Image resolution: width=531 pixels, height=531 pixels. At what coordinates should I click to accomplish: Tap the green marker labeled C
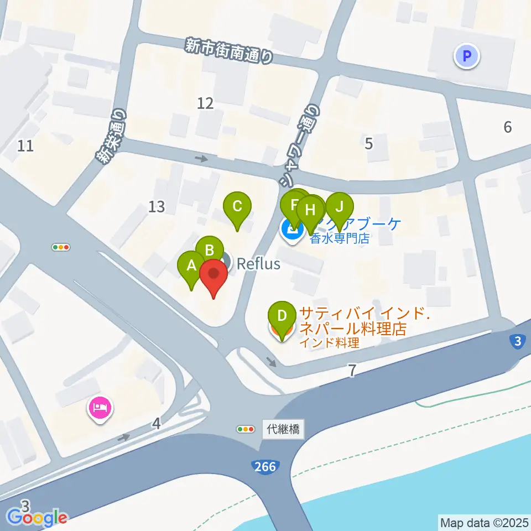(237, 206)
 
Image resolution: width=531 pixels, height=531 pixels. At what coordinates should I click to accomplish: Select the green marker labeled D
(282, 316)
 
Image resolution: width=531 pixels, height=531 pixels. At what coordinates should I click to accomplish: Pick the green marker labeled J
(340, 207)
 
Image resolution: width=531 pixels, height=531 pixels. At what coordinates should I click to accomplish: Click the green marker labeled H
(310, 211)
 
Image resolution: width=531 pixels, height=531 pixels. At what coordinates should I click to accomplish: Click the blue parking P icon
(467, 56)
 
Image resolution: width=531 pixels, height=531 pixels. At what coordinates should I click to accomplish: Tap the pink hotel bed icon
(100, 409)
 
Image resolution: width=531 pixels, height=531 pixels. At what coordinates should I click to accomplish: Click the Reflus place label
(258, 264)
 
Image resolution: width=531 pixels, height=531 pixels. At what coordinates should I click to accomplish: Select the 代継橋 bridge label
(283, 429)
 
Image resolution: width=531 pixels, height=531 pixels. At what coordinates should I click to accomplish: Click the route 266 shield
(265, 467)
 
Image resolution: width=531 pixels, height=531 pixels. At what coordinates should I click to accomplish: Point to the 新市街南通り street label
(229, 51)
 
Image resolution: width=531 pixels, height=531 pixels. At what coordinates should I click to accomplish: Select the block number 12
(205, 103)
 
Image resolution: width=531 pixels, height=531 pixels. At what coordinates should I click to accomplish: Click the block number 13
(157, 207)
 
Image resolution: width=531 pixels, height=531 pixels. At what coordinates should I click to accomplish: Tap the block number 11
(25, 146)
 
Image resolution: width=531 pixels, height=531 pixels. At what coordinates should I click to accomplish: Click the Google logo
(38, 518)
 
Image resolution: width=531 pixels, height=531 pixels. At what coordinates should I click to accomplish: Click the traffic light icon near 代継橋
(244, 429)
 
